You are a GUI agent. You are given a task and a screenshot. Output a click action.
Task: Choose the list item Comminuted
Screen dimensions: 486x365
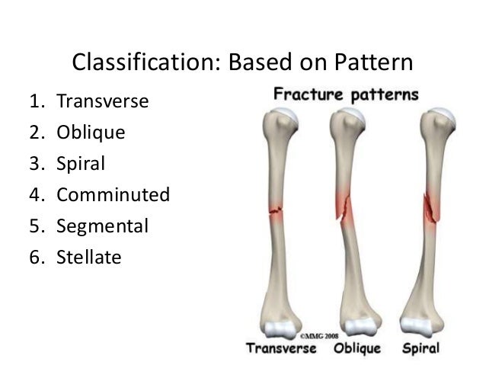click(x=112, y=194)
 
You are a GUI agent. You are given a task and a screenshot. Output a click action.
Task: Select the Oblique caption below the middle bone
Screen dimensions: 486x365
click(x=357, y=349)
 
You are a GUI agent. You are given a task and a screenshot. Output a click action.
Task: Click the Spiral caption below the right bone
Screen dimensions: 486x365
click(x=420, y=349)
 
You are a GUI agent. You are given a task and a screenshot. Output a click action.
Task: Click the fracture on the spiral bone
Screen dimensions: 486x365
click(x=430, y=206)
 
